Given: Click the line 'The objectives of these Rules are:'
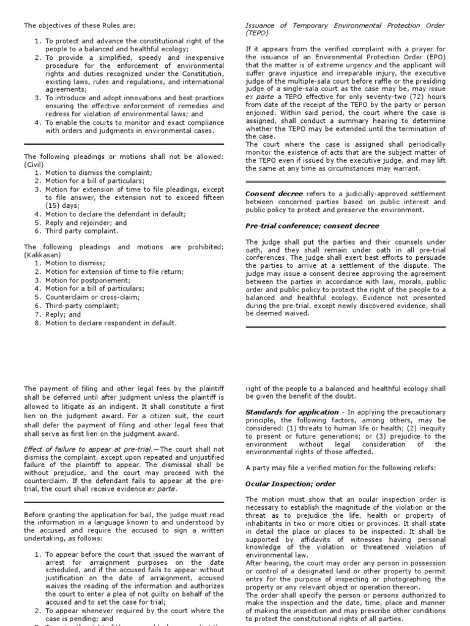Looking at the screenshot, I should point(79,26).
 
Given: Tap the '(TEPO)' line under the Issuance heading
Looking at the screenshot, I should point(257,34).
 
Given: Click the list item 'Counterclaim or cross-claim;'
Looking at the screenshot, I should point(92,297).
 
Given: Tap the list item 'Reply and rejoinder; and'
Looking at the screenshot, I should point(86,223).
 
